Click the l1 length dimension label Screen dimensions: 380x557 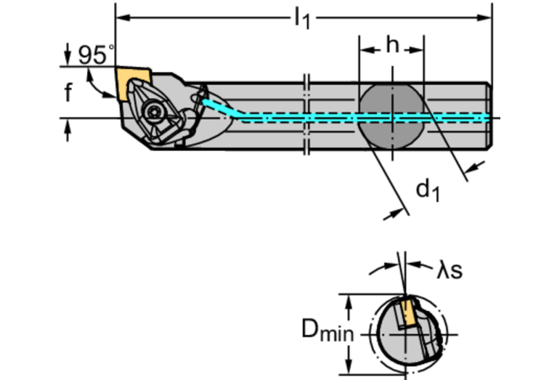[x=301, y=18]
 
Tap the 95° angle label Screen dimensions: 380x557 [x=95, y=55]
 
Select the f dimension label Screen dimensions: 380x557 [x=68, y=92]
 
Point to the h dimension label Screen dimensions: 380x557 [x=392, y=45]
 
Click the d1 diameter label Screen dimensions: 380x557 [x=427, y=190]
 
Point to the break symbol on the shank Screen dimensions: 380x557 [x=306, y=116]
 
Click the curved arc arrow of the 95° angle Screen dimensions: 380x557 [x=92, y=86]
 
